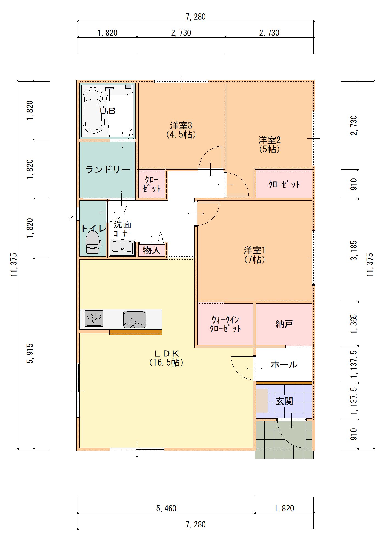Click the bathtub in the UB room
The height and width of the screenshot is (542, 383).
coord(93,110)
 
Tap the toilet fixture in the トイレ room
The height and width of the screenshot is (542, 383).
coord(93,242)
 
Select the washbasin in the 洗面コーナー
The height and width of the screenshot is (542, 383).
coord(122,247)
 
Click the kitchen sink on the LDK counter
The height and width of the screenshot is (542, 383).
coord(135,319)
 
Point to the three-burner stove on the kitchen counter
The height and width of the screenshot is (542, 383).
coord(94,318)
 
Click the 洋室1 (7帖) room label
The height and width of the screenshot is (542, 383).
coord(255,255)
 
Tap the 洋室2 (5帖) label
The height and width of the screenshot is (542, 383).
coord(269,145)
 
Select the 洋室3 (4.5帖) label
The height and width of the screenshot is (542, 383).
coord(181,130)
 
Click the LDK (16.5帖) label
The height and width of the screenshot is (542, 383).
coord(166,358)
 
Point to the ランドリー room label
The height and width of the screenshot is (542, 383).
coord(108,170)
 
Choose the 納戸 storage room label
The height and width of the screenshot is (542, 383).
coord(284,324)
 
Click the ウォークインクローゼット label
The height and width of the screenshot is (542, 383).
coord(225,324)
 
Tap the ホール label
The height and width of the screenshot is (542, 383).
coord(284,364)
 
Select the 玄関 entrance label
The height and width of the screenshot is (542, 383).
coord(284,401)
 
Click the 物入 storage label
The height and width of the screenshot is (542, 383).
coord(152,250)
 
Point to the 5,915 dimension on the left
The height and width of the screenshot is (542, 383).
coord(30,353)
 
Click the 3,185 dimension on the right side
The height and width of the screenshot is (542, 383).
coord(354,250)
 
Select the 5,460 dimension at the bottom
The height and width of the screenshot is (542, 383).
coord(166,508)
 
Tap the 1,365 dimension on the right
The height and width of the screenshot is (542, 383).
coord(354,324)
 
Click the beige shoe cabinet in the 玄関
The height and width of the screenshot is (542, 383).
coord(262,401)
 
